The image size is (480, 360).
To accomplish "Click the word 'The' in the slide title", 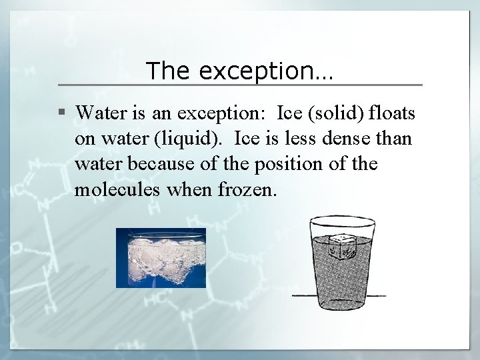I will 163,70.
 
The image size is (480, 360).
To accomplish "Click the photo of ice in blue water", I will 161,257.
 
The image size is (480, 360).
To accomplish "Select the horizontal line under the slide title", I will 240,85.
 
